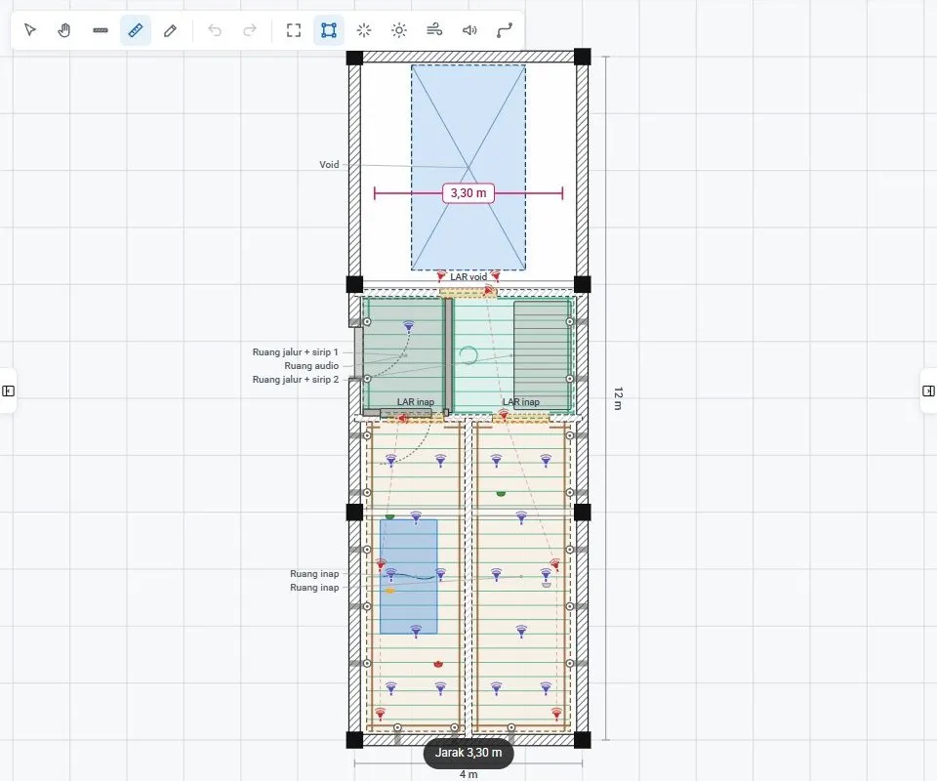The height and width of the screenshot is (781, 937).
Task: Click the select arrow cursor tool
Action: [x=30, y=30]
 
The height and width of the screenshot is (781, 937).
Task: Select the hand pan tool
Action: [x=64, y=30]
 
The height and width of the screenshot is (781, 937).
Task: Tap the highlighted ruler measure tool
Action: [x=136, y=30]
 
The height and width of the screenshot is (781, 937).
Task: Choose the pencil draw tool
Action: [x=170, y=30]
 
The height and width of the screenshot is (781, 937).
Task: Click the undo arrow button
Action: [x=215, y=30]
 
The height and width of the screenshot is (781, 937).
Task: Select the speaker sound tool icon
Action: [x=469, y=30]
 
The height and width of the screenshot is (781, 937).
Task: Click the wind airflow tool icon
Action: [x=434, y=30]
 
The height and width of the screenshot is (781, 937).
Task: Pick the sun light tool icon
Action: [x=399, y=30]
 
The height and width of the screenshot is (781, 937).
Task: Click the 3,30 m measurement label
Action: [x=468, y=193]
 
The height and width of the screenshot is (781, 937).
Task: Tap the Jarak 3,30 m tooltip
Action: [x=468, y=753]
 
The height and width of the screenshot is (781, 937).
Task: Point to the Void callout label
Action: [x=329, y=164]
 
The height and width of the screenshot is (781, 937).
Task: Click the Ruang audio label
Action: [x=311, y=366]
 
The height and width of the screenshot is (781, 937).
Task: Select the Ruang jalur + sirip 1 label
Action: [x=295, y=352]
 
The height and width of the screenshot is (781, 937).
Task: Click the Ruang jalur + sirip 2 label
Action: [x=295, y=380]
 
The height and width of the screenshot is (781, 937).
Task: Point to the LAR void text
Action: [x=468, y=276]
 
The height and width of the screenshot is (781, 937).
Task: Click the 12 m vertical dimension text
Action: [x=618, y=398]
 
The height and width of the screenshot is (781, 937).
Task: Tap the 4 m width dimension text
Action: [x=468, y=774]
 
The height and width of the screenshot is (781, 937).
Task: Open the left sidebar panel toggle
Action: [x=9, y=390]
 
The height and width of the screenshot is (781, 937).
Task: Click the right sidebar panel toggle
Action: [x=928, y=390]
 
